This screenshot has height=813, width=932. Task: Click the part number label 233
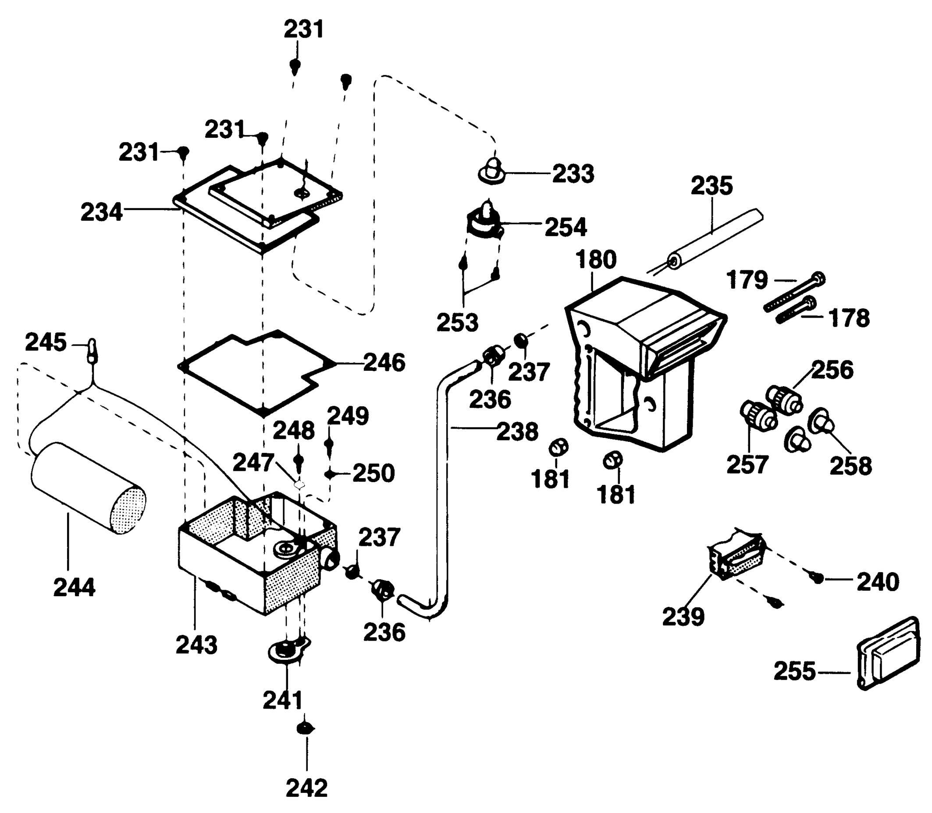pyautogui.click(x=573, y=174)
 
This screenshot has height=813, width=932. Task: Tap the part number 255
pyautogui.click(x=794, y=671)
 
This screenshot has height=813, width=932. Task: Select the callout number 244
pyautogui.click(x=75, y=587)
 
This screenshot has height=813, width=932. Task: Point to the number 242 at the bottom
pyautogui.click(x=306, y=788)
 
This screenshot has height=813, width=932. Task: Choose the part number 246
pyautogui.click(x=384, y=362)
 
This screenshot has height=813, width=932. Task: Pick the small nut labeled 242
pyautogui.click(x=306, y=729)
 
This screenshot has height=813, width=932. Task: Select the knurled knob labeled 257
pyautogui.click(x=758, y=415)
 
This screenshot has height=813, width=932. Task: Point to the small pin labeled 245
pyautogui.click(x=92, y=350)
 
